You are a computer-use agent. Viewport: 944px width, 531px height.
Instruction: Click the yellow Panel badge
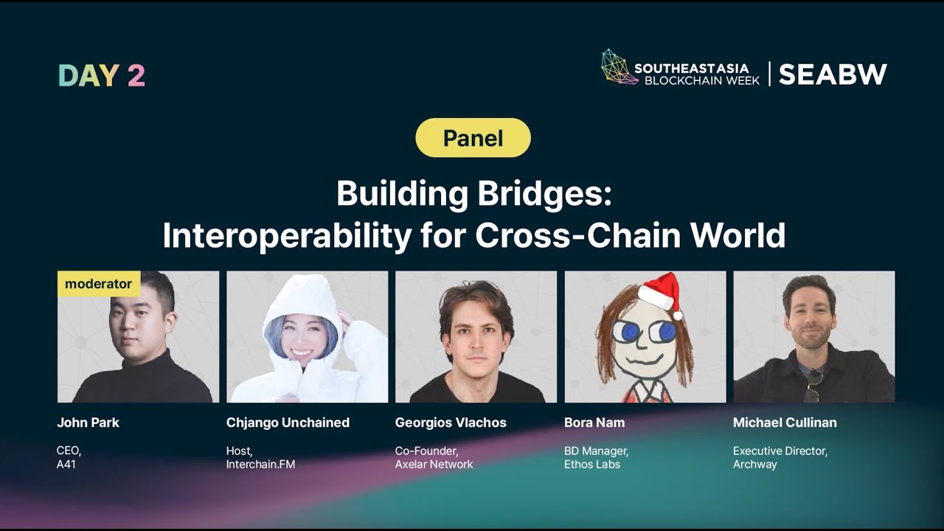pyautogui.click(x=473, y=138)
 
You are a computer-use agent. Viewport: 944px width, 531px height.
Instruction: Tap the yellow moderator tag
pyautogui.click(x=98, y=284)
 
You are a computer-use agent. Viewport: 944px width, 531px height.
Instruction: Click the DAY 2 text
pyautogui.click(x=102, y=75)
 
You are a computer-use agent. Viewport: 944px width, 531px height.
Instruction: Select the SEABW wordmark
pyautogui.click(x=833, y=74)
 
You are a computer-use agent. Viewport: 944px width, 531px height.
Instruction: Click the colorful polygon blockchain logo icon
pyautogui.click(x=619, y=67)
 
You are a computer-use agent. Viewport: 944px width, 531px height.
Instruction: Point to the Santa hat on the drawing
pyautogui.click(x=662, y=292)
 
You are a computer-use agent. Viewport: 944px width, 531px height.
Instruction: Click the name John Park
pyautogui.click(x=88, y=423)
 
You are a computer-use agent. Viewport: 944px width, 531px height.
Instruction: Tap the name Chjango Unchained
pyautogui.click(x=288, y=423)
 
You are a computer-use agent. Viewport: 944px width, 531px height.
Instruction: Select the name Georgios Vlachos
pyautogui.click(x=451, y=423)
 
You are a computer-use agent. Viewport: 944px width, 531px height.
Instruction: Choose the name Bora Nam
pyautogui.click(x=594, y=423)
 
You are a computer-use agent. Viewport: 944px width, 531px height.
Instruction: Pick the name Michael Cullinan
pyautogui.click(x=785, y=423)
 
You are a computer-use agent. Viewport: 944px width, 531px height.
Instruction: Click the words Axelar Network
pyautogui.click(x=434, y=465)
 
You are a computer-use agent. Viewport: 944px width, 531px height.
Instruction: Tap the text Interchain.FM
pyautogui.click(x=260, y=465)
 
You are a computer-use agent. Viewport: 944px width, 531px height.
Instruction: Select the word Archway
pyautogui.click(x=754, y=465)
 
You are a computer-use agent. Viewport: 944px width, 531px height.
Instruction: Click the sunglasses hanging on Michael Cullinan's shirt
pyautogui.click(x=813, y=384)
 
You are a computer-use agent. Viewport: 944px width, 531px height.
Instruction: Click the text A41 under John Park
pyautogui.click(x=66, y=465)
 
